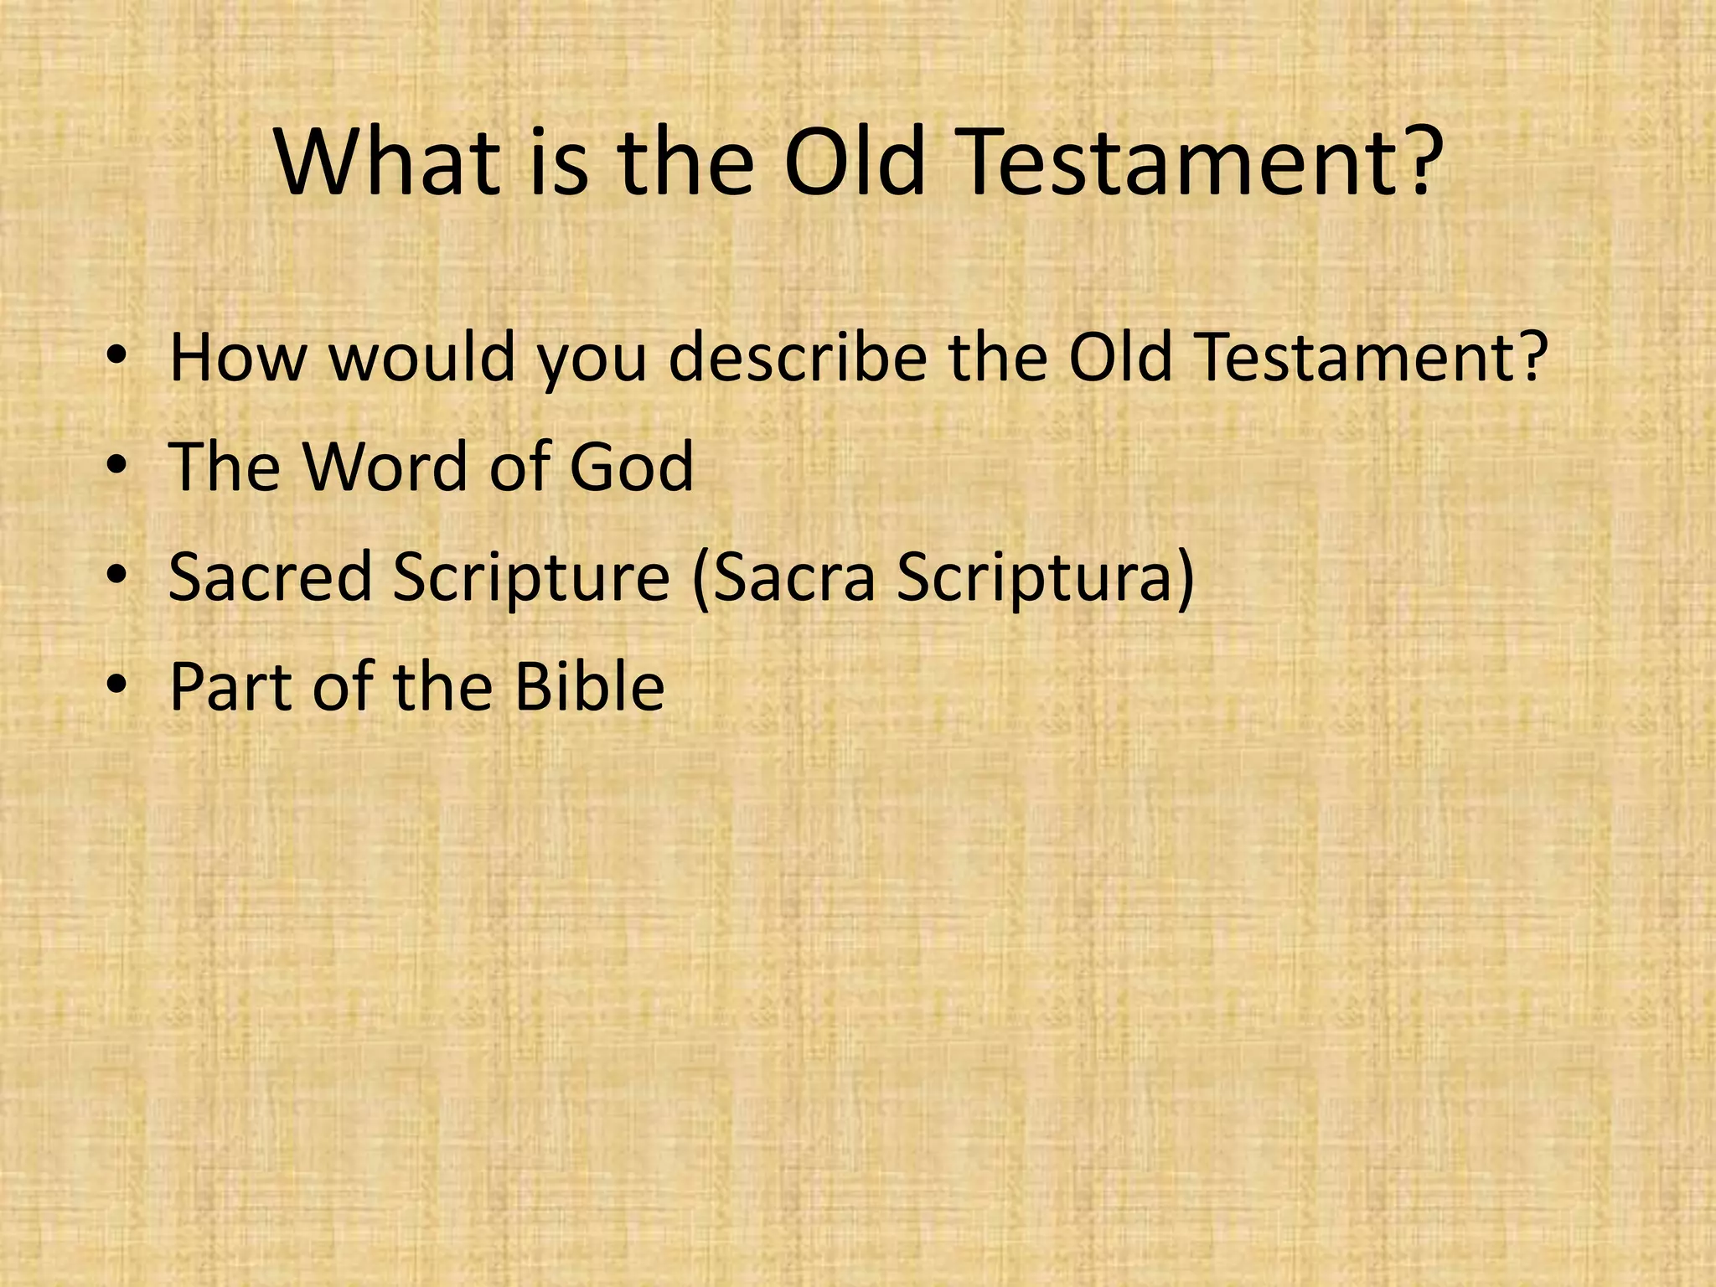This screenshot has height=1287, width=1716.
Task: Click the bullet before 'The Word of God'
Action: pyautogui.click(x=117, y=468)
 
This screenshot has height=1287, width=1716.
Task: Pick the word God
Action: pyautogui.click(x=631, y=468)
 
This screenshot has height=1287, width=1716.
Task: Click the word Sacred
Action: pyautogui.click(x=270, y=577)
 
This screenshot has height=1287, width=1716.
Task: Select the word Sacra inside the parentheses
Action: pyautogui.click(x=793, y=577)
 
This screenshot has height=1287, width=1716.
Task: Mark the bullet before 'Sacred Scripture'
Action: pyautogui.click(x=117, y=577)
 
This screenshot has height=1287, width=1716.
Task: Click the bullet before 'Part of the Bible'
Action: pyautogui.click(x=117, y=687)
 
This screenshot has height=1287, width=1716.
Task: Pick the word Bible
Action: pyautogui.click(x=589, y=687)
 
